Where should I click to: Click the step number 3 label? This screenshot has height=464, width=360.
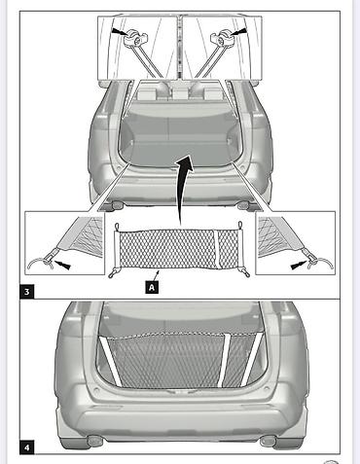27,292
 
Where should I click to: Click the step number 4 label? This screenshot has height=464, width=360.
27,447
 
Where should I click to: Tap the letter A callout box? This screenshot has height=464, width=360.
152,287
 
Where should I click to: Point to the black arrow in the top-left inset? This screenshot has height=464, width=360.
120,31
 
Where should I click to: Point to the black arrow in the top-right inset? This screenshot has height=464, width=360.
238,31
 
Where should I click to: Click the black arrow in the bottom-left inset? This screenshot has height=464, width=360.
61,265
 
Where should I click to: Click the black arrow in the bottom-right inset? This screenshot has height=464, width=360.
299,266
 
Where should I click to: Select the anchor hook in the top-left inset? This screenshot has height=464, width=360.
135,39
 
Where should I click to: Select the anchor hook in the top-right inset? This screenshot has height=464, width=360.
222,39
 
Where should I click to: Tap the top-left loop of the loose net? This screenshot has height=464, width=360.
118,226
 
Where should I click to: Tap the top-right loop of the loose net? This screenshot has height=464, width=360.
240,226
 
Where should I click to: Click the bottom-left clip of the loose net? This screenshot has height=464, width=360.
113,273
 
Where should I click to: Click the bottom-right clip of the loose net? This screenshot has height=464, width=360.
246,273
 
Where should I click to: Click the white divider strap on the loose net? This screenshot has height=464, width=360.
217,249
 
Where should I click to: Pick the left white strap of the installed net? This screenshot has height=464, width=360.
110,362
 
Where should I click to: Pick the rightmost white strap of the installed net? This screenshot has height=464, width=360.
252,359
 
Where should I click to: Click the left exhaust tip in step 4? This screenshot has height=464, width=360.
95,441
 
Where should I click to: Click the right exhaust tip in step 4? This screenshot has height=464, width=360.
269,441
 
